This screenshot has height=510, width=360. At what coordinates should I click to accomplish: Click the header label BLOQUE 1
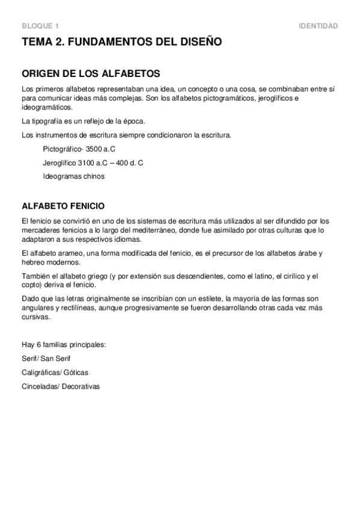click(x=40, y=26)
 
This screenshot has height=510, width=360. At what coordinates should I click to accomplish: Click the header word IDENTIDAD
click(x=318, y=26)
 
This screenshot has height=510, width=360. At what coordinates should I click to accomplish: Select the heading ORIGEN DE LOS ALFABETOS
click(x=90, y=74)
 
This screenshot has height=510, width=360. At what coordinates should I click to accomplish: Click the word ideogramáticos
click(x=46, y=107)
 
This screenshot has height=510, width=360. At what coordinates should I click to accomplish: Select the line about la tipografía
click(x=83, y=121)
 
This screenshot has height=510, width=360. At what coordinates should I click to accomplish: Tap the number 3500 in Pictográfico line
click(x=95, y=149)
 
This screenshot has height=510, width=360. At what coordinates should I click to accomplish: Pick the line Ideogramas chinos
click(x=73, y=176)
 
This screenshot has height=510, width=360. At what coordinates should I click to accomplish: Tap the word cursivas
click(x=35, y=318)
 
